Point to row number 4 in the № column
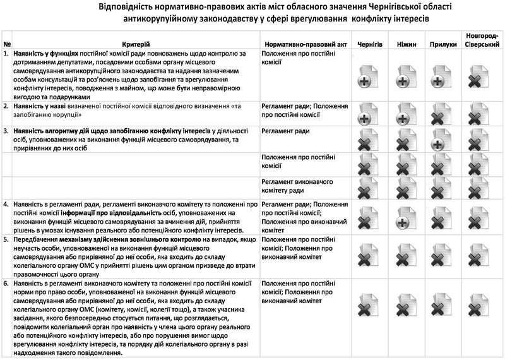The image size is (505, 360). click(6, 205)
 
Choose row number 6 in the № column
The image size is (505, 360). click(6, 284)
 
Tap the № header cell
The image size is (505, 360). click(6, 45)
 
